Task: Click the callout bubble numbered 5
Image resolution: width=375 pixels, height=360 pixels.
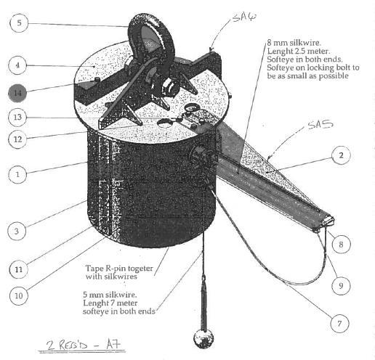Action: coord(19,23)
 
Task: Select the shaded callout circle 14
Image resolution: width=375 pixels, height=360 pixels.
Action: coord(17,93)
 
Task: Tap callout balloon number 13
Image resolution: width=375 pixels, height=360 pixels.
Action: coord(17,118)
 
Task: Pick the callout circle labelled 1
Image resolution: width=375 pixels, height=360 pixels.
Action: coord(17,174)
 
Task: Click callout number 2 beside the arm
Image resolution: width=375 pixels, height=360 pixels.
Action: coord(341,155)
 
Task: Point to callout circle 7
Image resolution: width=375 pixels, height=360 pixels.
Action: coord(339,323)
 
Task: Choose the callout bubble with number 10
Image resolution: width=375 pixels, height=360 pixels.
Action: coord(19,295)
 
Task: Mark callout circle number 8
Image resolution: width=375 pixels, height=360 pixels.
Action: coord(341,245)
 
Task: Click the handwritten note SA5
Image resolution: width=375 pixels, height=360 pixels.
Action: coord(320,125)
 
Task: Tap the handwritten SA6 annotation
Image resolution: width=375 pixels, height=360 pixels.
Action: coord(243,17)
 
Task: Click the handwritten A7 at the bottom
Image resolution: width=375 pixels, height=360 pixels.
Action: coord(113,344)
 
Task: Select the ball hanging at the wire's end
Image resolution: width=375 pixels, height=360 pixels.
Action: coord(203,338)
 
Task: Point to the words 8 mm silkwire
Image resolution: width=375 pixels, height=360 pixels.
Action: coord(294,43)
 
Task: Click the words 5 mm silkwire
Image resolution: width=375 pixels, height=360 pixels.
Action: coord(110,295)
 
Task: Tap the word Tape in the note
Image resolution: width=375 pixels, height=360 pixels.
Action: coord(94,269)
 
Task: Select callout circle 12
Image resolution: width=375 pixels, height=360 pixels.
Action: coord(17,139)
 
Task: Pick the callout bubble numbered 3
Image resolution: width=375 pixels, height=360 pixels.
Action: coord(17,231)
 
